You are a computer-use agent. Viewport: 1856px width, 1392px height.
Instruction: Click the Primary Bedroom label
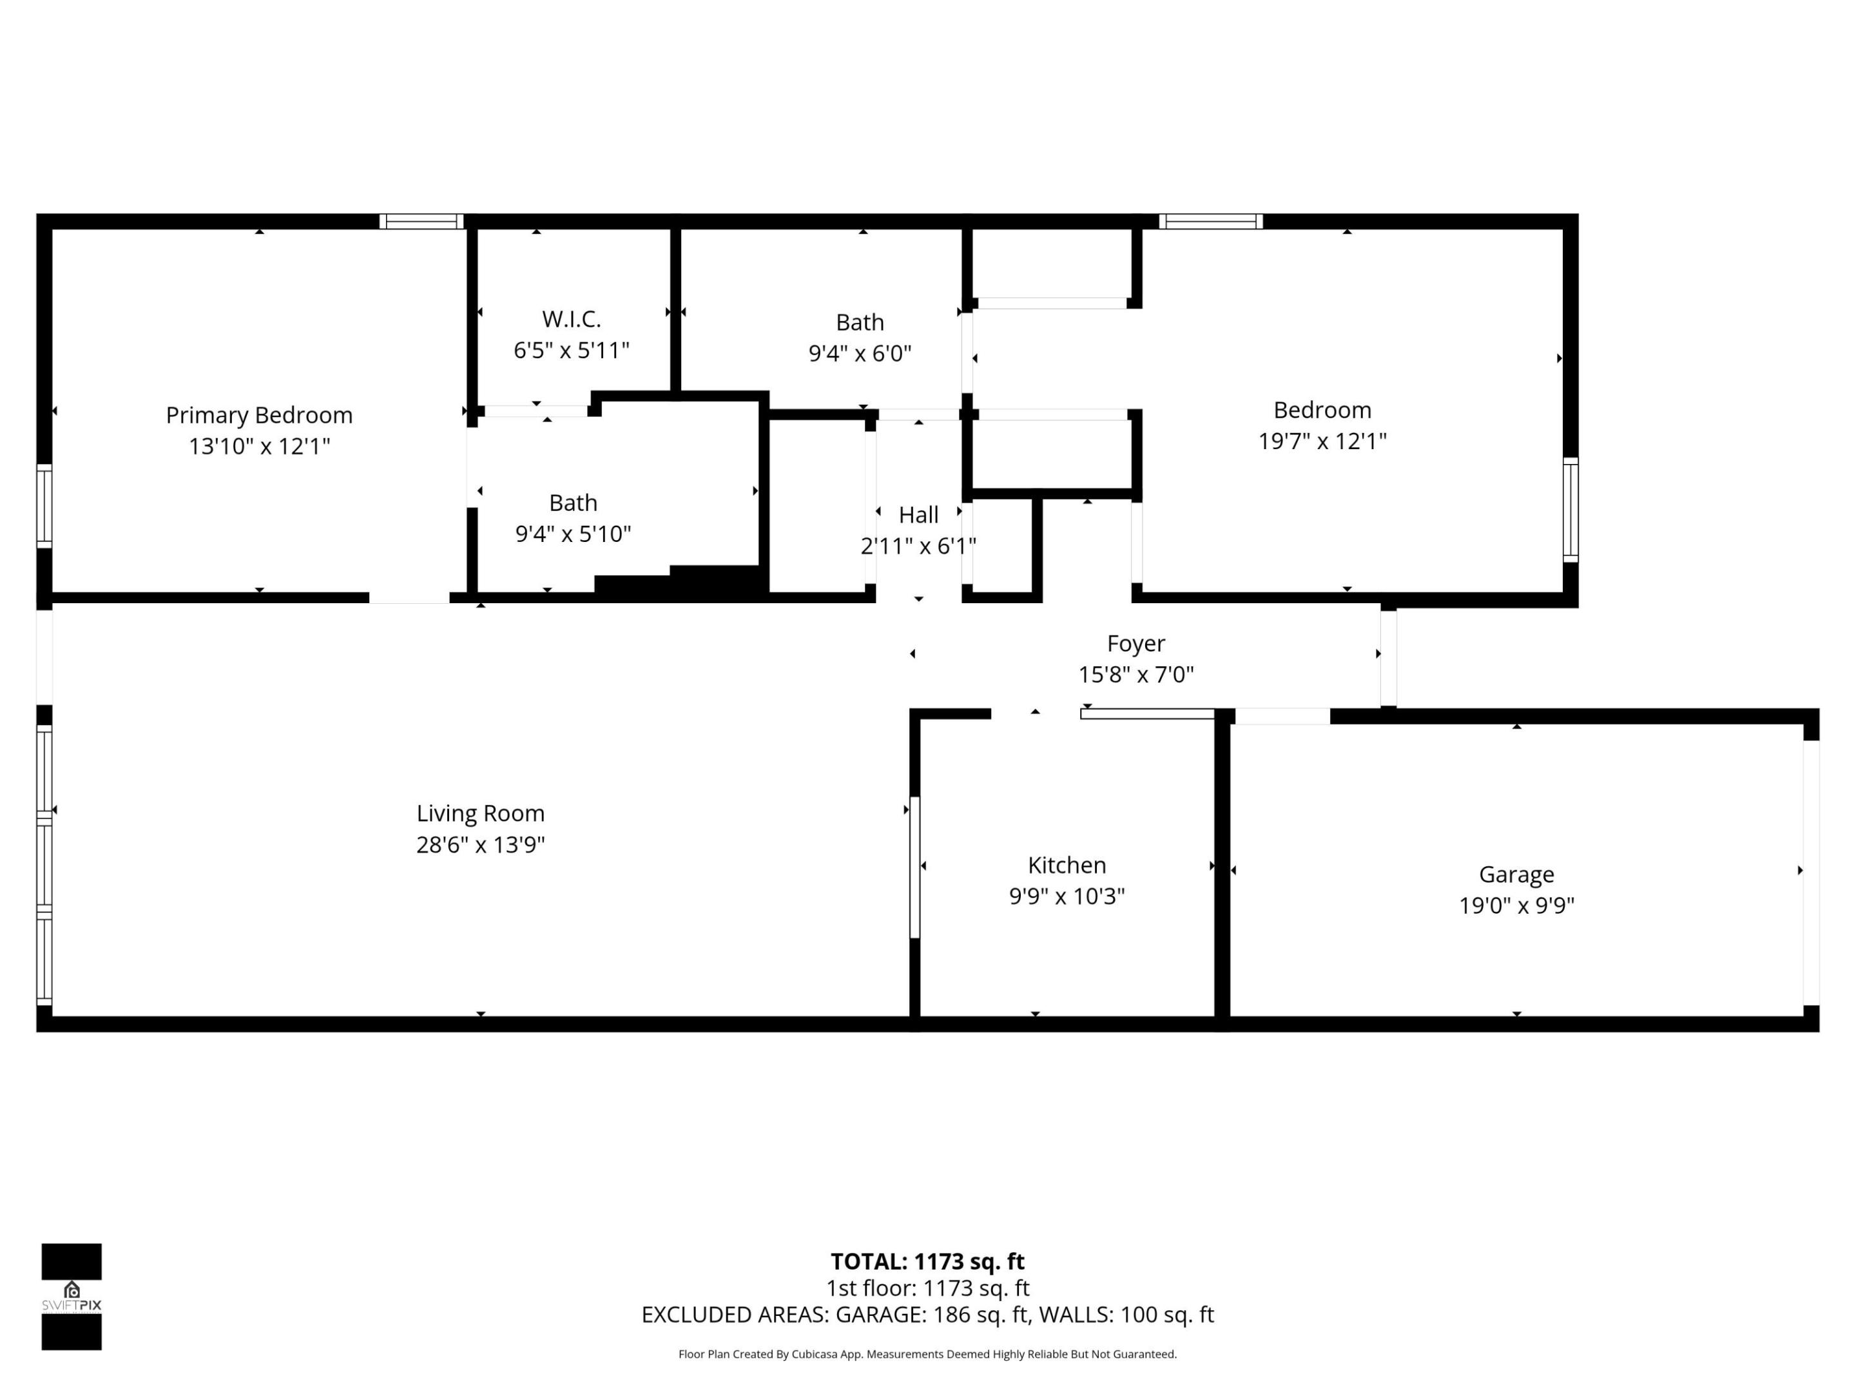point(258,415)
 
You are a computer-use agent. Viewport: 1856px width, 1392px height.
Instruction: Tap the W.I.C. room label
point(572,319)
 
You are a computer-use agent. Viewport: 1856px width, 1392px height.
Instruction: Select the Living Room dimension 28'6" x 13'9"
point(480,844)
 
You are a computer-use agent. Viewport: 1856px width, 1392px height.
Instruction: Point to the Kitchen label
point(1067,865)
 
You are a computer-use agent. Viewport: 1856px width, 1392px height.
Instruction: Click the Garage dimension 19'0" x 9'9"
point(1516,905)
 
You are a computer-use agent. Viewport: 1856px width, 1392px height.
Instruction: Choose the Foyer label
point(1136,644)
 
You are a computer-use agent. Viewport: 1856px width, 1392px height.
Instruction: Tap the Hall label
point(918,515)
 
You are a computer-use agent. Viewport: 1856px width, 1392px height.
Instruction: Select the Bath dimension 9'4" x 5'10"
point(572,534)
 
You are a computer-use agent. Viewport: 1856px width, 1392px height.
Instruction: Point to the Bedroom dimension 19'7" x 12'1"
point(1322,441)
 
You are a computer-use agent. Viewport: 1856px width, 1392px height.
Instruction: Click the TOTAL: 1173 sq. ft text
point(927,1261)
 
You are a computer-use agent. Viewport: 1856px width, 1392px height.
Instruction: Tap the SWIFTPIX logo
point(72,1297)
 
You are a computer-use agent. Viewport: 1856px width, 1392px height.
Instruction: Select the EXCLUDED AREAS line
point(927,1315)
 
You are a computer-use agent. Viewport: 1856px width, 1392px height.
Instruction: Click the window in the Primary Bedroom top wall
point(421,222)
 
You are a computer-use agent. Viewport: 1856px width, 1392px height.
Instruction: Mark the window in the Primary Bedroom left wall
point(44,506)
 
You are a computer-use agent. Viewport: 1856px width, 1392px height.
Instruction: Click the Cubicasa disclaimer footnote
point(927,1354)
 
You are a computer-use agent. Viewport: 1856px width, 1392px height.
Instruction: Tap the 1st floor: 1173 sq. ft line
point(927,1288)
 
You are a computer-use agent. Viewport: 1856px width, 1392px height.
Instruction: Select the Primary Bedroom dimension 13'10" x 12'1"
point(258,447)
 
